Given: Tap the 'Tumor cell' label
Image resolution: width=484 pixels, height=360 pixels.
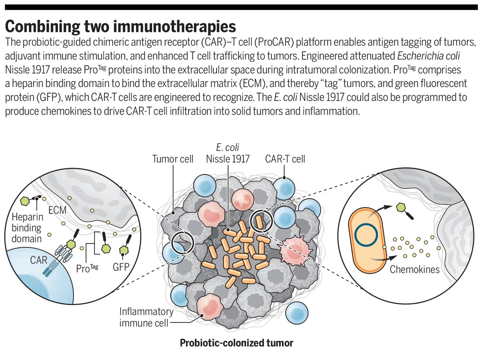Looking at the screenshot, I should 173,159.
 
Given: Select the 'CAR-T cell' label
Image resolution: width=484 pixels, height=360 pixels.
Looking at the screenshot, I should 285,159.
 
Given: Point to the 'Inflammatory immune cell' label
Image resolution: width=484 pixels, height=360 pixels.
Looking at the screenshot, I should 147,317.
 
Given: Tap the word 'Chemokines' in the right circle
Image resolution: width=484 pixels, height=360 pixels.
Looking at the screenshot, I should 415,269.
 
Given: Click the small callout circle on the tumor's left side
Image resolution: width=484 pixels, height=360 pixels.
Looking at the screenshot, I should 182,243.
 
